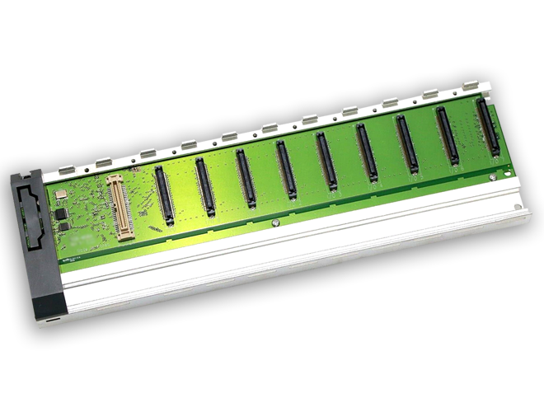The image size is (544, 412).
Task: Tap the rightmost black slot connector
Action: point(488,129)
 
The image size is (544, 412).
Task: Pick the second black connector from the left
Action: point(204,187)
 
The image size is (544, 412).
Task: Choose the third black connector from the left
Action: point(245,179)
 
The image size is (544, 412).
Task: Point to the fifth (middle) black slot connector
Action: point(326,162)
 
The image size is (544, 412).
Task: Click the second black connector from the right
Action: point(448,136)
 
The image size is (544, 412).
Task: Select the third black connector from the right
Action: point(407,144)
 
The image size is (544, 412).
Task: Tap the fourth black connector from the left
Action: point(285,170)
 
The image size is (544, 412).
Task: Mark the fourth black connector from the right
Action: point(367,153)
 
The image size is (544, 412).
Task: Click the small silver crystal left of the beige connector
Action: point(61,196)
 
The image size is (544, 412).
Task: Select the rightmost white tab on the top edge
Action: point(471,87)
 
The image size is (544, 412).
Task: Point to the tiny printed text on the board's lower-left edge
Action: point(76,257)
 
